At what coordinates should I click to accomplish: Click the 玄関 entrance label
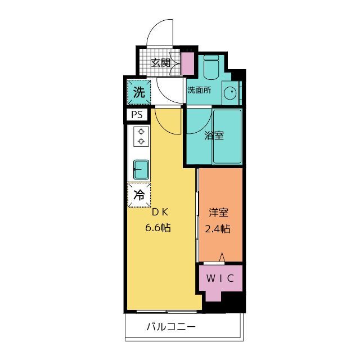[161, 62]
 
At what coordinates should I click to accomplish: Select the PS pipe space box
[137, 115]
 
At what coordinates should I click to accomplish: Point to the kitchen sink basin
[141, 168]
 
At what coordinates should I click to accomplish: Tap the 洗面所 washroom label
[199, 90]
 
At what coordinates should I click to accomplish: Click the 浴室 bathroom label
[214, 136]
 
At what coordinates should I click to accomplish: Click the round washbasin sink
[229, 93]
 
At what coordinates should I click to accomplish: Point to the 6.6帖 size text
[157, 228]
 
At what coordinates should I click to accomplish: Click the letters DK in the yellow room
[158, 213]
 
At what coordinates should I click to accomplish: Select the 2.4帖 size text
[218, 229]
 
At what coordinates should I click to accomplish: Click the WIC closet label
[220, 278]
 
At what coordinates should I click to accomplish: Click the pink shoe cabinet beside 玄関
[187, 63]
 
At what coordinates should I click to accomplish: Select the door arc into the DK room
[166, 121]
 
